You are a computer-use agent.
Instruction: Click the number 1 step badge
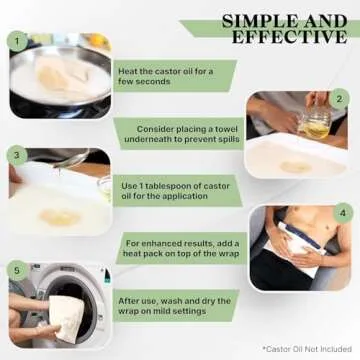(x=17, y=41)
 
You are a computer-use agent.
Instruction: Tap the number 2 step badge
(x=339, y=99)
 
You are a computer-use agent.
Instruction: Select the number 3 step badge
(x=17, y=155)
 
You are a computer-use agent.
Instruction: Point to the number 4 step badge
(x=343, y=213)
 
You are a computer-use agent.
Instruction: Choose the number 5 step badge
(x=17, y=270)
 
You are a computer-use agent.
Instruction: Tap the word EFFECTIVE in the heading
(x=289, y=37)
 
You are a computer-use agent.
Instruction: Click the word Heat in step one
(x=127, y=71)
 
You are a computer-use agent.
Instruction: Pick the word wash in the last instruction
(x=172, y=301)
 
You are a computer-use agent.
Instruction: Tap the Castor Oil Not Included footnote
(x=307, y=349)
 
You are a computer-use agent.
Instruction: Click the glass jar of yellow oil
(x=316, y=124)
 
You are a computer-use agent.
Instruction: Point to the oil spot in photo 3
(x=60, y=217)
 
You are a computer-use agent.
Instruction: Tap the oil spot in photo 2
(x=296, y=167)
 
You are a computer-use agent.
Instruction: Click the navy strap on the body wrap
(x=303, y=236)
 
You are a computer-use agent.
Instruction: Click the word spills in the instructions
(x=229, y=139)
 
